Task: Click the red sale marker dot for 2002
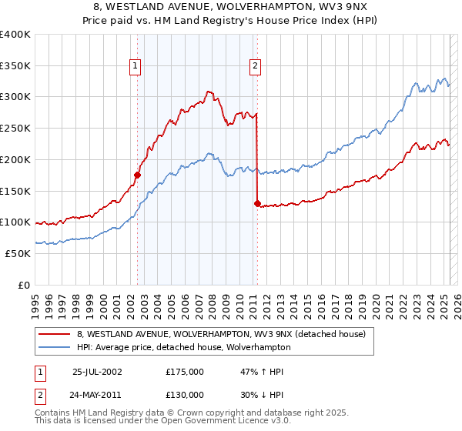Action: [138, 175]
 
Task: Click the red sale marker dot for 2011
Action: [257, 203]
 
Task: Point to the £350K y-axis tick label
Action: [15, 66]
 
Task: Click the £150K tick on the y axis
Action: [15, 191]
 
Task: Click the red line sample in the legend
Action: [55, 334]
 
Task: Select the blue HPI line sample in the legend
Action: [55, 347]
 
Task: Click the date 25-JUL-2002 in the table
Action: [97, 372]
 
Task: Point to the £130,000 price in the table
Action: [185, 395]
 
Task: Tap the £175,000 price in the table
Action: [185, 372]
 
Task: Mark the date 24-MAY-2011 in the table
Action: [97, 395]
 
